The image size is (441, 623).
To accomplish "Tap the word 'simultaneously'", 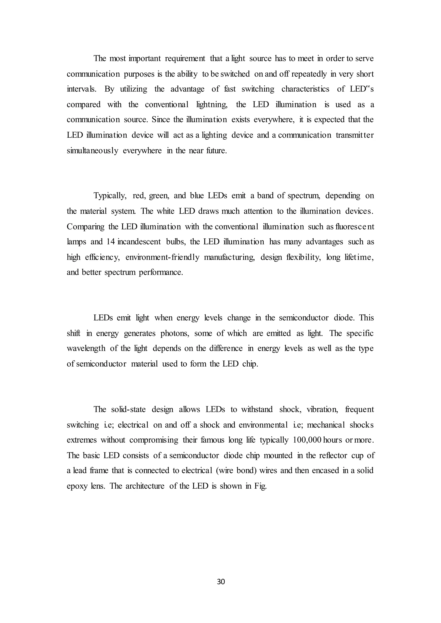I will (x=92, y=151).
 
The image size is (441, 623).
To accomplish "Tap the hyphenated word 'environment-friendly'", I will (x=162, y=257).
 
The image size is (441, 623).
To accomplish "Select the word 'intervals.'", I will (x=81, y=89).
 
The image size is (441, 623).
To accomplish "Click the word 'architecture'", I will (x=145, y=486).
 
